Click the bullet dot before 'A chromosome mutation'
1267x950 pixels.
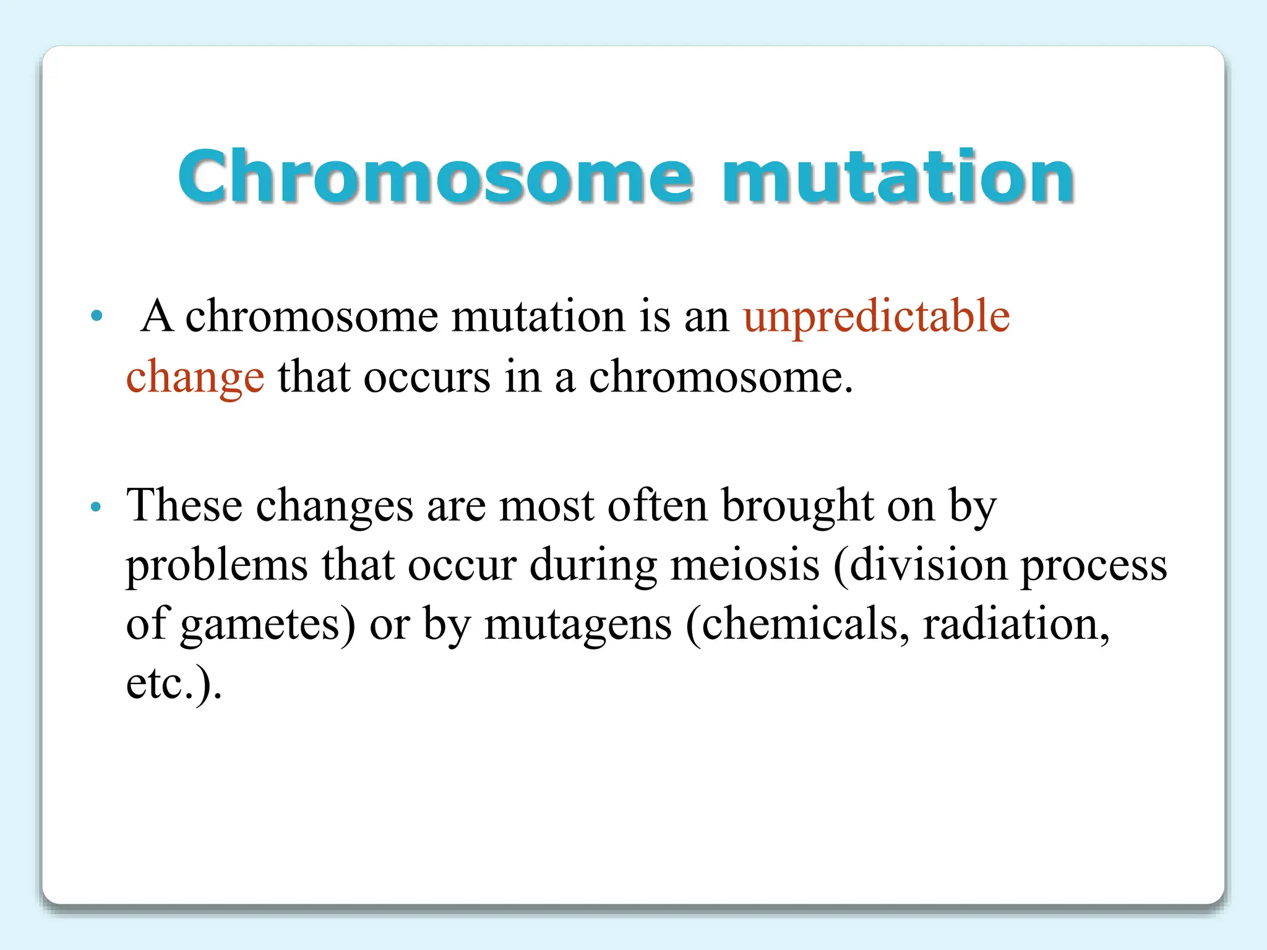(x=96, y=316)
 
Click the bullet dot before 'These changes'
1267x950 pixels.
(x=95, y=507)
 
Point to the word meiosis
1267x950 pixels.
(x=745, y=565)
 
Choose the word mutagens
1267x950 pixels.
(x=578, y=625)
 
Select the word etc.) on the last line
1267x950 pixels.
(x=174, y=683)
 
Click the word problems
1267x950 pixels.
(x=217, y=565)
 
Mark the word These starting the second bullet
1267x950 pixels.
(x=184, y=506)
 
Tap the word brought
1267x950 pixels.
(x=797, y=506)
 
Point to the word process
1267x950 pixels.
(x=1093, y=565)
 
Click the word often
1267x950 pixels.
(x=657, y=506)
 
